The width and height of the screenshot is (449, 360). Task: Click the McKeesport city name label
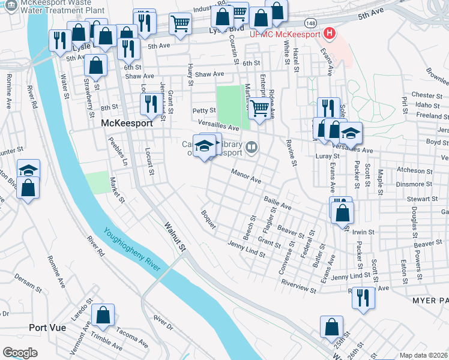pyautogui.click(x=126, y=122)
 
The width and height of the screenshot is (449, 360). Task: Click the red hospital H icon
pyautogui.click(x=329, y=33)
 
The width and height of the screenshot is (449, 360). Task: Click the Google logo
pyautogui.click(x=20, y=352)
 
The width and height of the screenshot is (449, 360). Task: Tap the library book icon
pyautogui.click(x=252, y=147)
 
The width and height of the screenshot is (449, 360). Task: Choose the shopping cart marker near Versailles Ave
pyautogui.click(x=259, y=109)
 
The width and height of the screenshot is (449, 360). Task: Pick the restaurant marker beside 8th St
pyautogui.click(x=149, y=104)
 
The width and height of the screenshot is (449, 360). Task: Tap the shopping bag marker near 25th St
pyautogui.click(x=331, y=327)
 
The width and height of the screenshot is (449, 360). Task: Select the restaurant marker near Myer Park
pyautogui.click(x=363, y=297)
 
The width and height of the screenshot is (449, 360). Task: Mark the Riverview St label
pyautogui.click(x=298, y=287)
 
